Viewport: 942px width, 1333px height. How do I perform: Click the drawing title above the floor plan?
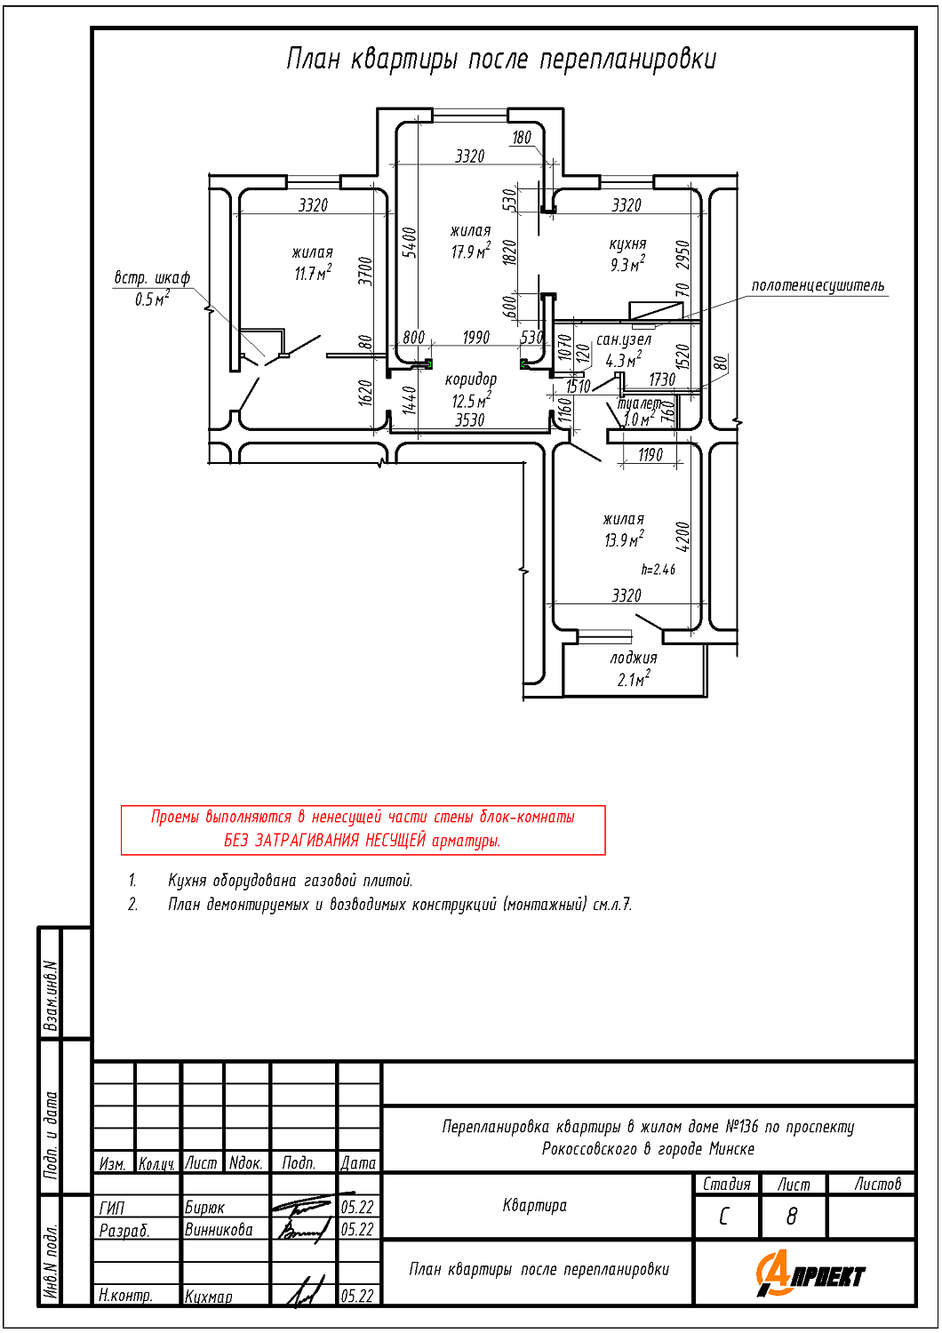pos(500,59)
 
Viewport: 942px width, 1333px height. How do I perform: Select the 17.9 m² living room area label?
pos(470,251)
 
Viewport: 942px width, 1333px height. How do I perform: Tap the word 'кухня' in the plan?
pos(627,243)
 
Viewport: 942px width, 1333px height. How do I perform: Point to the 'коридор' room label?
pos(470,379)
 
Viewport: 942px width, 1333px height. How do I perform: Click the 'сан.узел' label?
pos(623,339)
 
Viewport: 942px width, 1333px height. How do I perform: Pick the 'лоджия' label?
pos(634,658)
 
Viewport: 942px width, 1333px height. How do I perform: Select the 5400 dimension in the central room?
pos(410,243)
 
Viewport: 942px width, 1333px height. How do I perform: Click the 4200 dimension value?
pos(683,536)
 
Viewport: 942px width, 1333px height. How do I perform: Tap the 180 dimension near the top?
pos(522,138)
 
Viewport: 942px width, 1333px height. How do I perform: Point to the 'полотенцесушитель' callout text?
pos(818,285)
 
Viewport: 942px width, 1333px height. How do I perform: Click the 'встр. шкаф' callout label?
pos(152,278)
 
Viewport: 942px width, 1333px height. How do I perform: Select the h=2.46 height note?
pos(658,570)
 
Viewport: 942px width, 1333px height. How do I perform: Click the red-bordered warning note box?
pos(363,829)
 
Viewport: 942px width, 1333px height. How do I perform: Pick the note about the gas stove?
pos(290,881)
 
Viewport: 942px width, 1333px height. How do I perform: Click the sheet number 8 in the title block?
pos(792,1216)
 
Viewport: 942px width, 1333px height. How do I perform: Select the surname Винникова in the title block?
pos(219,1230)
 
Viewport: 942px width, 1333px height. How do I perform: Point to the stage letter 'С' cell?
pos(724,1216)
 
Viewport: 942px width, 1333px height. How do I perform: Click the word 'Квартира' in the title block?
pos(534,1205)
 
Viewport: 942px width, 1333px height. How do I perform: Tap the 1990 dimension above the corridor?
pos(475,338)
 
